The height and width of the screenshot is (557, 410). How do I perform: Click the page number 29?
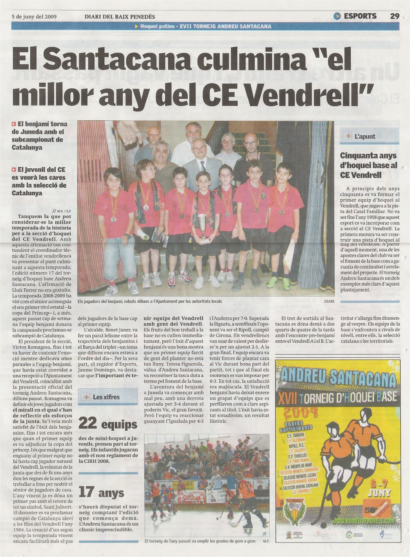(x=394, y=16)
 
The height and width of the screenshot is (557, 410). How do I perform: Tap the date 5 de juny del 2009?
(x=35, y=16)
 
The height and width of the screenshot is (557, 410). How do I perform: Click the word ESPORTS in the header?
(x=360, y=16)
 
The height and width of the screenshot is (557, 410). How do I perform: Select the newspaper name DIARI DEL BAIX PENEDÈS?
(x=120, y=16)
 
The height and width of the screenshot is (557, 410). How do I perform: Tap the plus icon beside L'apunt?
(x=348, y=137)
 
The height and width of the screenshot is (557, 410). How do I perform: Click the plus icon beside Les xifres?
(x=86, y=397)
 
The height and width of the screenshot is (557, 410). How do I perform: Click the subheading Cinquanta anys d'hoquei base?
(x=368, y=165)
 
